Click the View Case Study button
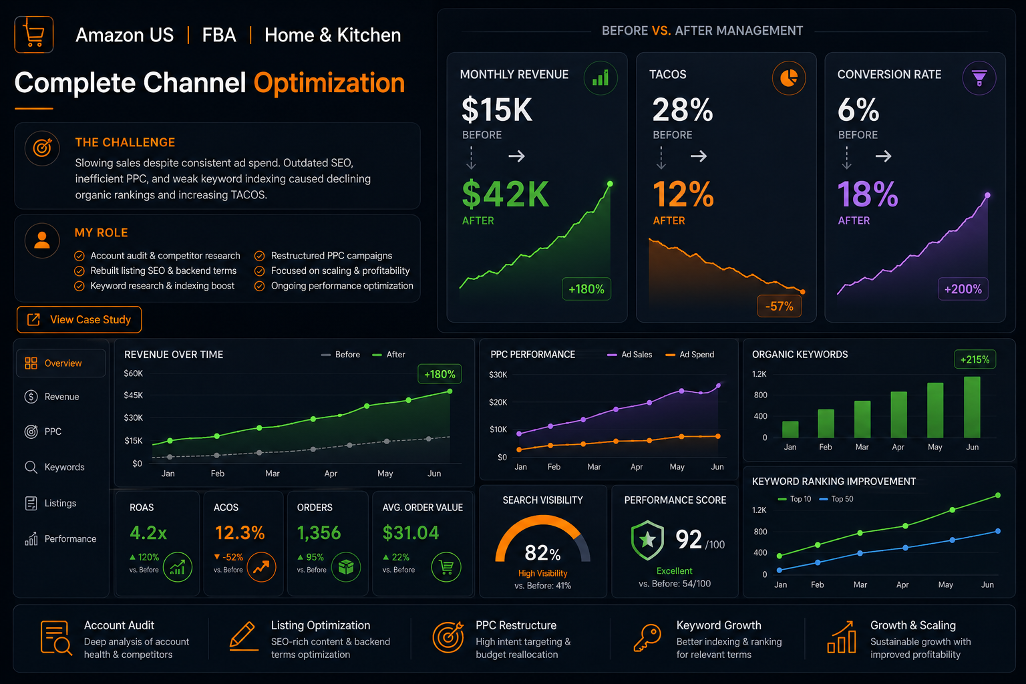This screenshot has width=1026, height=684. pyautogui.click(x=79, y=319)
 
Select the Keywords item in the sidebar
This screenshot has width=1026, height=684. pyautogui.click(x=55, y=467)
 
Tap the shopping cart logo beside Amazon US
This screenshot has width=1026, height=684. pyautogui.click(x=34, y=35)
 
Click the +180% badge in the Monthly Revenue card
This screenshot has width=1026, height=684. pyautogui.click(x=586, y=289)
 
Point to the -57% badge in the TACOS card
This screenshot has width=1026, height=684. pyautogui.click(x=779, y=306)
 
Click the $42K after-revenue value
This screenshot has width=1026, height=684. pyautogui.click(x=505, y=194)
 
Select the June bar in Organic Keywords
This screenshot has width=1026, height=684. pyautogui.click(x=972, y=407)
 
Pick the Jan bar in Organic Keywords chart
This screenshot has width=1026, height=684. pyautogui.click(x=790, y=430)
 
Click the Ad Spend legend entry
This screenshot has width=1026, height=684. pyautogui.click(x=690, y=355)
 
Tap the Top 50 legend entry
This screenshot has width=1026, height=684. pyautogui.click(x=836, y=499)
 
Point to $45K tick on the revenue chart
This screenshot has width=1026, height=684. pyautogui.click(x=134, y=395)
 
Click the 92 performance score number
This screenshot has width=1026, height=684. pyautogui.click(x=689, y=539)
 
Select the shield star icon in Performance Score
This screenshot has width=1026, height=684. pyautogui.click(x=647, y=540)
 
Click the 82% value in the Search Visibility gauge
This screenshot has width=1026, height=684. pyautogui.click(x=542, y=553)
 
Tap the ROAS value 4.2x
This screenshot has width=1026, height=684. pyautogui.click(x=148, y=533)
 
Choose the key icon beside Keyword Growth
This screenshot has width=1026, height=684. pyautogui.click(x=647, y=637)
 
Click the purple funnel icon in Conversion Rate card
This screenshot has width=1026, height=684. pyautogui.click(x=979, y=78)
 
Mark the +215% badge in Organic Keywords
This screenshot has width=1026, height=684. pyautogui.click(x=975, y=359)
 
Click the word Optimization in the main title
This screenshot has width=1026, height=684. pyautogui.click(x=329, y=83)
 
